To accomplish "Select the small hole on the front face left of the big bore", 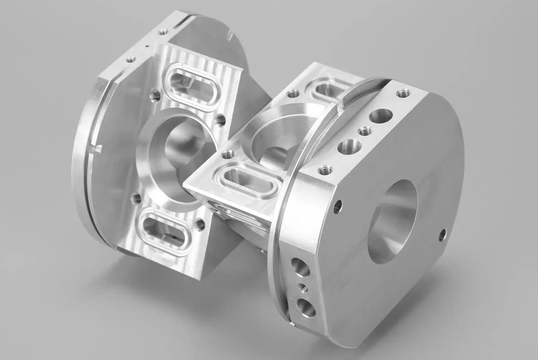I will (338, 206).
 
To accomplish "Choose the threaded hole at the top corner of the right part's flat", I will (400, 94).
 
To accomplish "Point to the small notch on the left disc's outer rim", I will (98, 148).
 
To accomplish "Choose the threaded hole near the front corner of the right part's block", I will (226, 155).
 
